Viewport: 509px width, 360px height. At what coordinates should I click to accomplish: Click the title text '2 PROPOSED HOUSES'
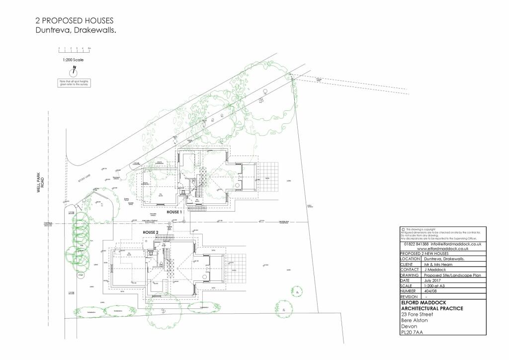click(x=74, y=21)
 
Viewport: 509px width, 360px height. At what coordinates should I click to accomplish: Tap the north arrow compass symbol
click(x=74, y=70)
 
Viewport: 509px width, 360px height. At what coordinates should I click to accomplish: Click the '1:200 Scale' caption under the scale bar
click(x=73, y=60)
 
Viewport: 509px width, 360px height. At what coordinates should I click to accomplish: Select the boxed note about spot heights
click(x=74, y=83)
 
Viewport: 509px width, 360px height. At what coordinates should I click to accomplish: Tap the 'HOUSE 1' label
click(x=174, y=212)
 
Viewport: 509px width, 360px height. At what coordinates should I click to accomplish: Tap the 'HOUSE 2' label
click(x=151, y=232)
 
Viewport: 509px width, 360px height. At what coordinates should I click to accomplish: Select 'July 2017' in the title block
click(x=433, y=280)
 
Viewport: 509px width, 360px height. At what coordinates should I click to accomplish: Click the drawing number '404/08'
click(x=430, y=291)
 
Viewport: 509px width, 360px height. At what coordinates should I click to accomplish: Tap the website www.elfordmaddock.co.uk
click(x=443, y=249)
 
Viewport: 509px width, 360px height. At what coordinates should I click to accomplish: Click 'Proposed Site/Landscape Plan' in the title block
click(x=452, y=275)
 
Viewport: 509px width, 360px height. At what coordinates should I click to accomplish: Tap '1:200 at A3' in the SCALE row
click(x=435, y=286)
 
